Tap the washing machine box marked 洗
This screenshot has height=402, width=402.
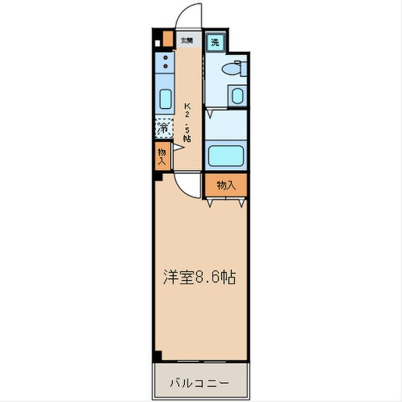pos(215,42)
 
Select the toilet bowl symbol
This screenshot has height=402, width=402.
pos(230,68)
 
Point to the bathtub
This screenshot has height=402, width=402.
pos(225,156)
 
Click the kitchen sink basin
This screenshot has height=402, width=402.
pos(165,98)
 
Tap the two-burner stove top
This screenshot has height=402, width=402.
pos(165,64)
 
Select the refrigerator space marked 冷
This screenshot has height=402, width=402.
pos(163,126)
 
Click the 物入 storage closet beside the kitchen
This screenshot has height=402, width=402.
pos(161,157)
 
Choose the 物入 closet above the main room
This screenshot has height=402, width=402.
pos(226,184)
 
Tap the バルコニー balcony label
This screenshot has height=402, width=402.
pos(199,384)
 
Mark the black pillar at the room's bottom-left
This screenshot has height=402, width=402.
pos(157,356)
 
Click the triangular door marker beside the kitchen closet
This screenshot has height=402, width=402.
pos(179,147)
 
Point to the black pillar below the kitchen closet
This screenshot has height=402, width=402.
pos(157,177)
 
